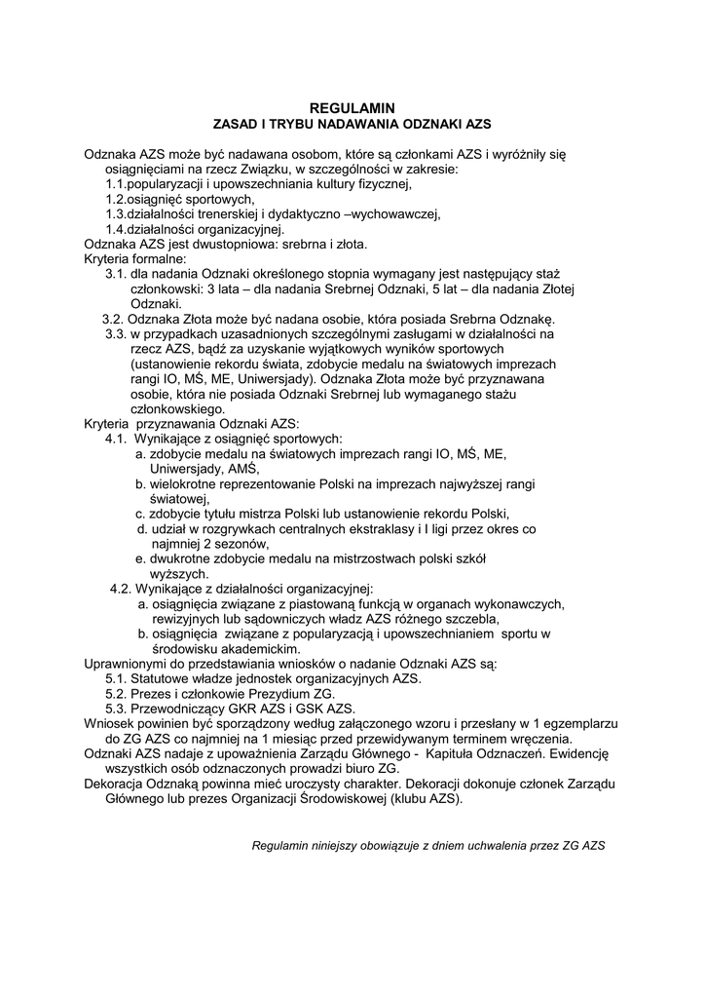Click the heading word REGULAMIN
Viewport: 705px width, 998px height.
(x=352, y=108)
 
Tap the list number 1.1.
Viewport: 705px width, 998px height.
(x=117, y=183)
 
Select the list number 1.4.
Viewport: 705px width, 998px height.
(x=117, y=229)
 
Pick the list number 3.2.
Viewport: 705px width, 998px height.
(x=113, y=319)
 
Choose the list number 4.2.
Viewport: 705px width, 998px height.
(x=121, y=589)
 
